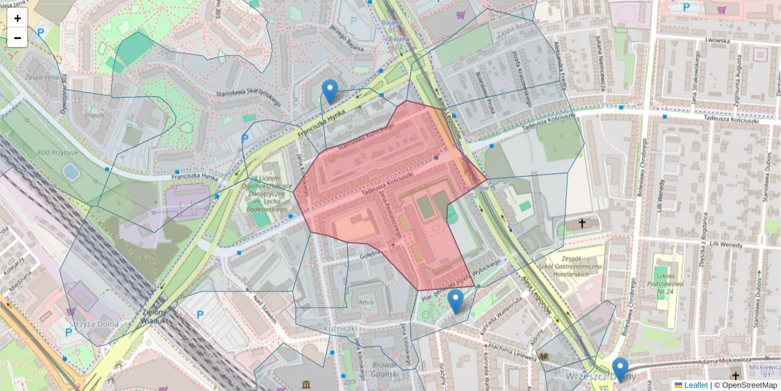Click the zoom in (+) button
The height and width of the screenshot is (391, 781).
click(18, 18)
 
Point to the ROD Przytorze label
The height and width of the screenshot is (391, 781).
click(57, 152)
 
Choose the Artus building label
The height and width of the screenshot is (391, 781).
click(366, 302)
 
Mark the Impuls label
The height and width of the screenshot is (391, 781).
click(94, 116)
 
